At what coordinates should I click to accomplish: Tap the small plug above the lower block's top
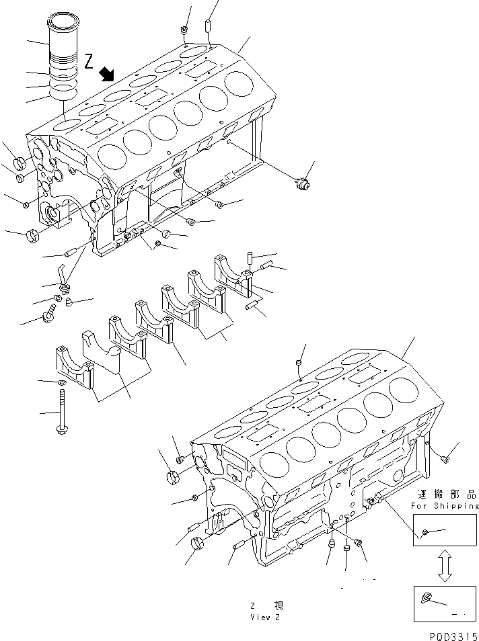point(298,364)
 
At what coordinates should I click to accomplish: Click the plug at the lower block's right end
point(445,459)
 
